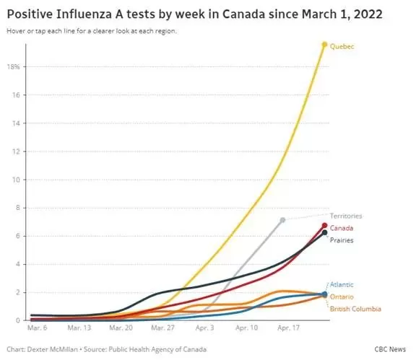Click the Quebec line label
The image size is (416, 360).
point(342,47)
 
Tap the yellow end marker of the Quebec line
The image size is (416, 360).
point(324,45)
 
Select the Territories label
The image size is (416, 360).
point(346,216)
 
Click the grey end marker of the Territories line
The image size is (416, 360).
point(282,220)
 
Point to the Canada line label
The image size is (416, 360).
point(342,228)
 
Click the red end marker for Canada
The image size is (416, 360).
point(324,226)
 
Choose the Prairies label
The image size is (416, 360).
point(342,240)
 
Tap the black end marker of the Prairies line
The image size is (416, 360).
point(324,233)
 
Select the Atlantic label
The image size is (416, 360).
point(342,285)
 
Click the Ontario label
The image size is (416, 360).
point(342,297)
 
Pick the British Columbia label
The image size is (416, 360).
point(355,309)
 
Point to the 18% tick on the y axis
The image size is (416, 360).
point(14,67)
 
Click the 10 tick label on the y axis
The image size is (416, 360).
point(16,180)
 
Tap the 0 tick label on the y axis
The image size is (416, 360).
point(18,321)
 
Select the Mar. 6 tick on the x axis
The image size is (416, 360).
point(37,328)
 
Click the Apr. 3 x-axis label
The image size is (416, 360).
point(204,328)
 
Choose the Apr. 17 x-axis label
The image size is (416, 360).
point(288,328)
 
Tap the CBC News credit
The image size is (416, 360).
point(390,349)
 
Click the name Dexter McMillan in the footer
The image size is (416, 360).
point(53,349)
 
